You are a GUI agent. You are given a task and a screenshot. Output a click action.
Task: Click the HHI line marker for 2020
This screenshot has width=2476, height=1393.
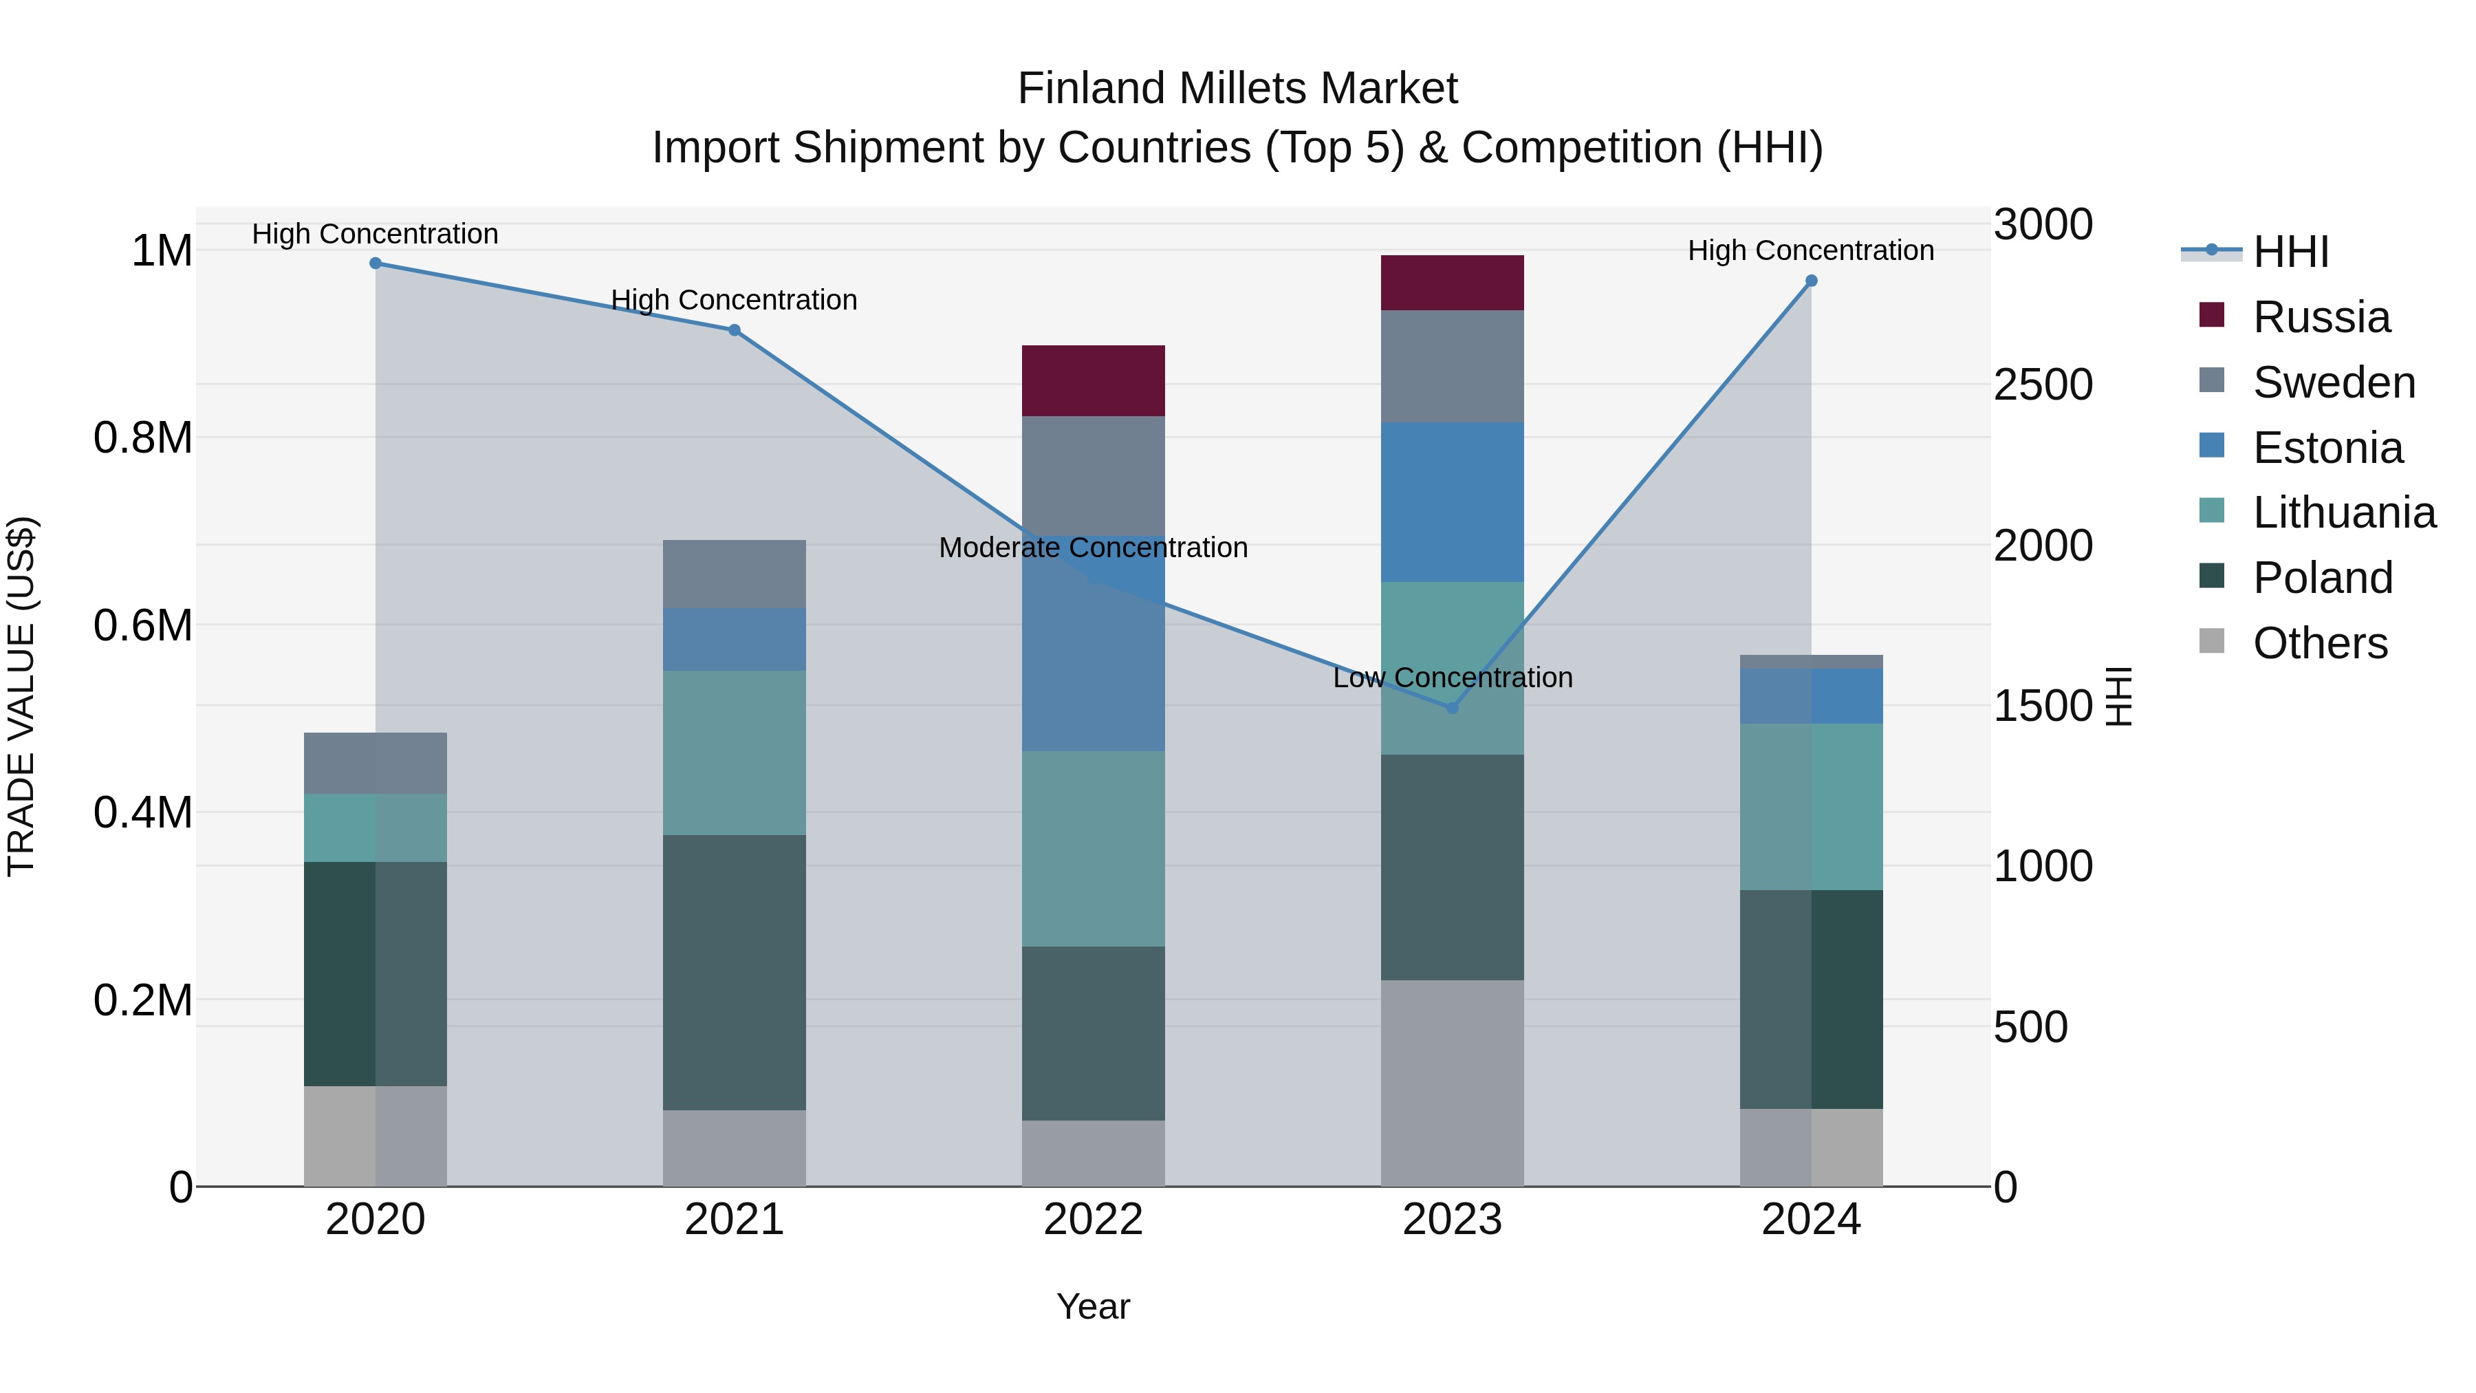pos(376,263)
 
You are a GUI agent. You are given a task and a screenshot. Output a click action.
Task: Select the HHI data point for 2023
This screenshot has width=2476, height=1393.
pos(1453,708)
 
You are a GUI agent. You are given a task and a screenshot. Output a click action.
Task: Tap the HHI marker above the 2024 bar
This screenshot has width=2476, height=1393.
pos(1811,281)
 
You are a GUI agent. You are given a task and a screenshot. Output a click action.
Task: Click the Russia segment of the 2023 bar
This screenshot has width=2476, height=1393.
pos(1453,283)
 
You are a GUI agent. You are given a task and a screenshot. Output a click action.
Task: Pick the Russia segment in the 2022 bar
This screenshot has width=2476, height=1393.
pos(1093,380)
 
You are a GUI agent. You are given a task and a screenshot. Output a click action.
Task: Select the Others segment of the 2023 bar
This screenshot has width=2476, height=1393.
pos(1453,1083)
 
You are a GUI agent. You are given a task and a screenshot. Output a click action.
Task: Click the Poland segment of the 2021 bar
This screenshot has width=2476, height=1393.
pos(735,972)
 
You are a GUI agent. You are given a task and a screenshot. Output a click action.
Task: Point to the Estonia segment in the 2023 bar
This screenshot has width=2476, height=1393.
pos(1453,502)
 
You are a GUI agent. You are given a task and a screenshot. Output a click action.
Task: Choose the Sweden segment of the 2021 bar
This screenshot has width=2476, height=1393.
pos(735,574)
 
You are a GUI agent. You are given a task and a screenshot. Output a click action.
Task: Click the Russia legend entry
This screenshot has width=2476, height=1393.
pos(2321,317)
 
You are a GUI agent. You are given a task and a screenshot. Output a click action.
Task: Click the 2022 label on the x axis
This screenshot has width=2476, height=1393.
pos(1093,1220)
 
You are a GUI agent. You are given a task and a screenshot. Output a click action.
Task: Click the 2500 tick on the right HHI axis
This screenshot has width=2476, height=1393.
pos(2043,385)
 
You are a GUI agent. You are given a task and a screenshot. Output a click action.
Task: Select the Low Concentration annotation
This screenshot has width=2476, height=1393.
pos(1453,678)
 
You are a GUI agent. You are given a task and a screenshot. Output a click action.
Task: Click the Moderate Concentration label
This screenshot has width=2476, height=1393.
pos(1093,548)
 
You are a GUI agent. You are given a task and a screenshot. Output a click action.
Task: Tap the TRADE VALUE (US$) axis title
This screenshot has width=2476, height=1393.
pos(22,696)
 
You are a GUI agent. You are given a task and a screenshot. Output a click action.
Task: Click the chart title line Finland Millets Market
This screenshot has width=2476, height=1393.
pos(1237,89)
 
